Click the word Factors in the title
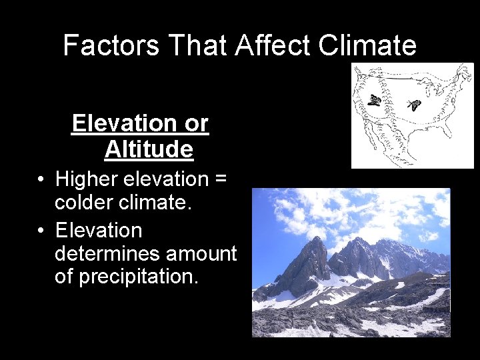click(111, 45)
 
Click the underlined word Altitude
click(149, 149)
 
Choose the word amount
click(201, 253)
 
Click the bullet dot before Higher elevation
click(41, 179)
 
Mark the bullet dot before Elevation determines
click(41, 231)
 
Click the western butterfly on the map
click(375, 101)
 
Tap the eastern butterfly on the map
click(415, 105)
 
